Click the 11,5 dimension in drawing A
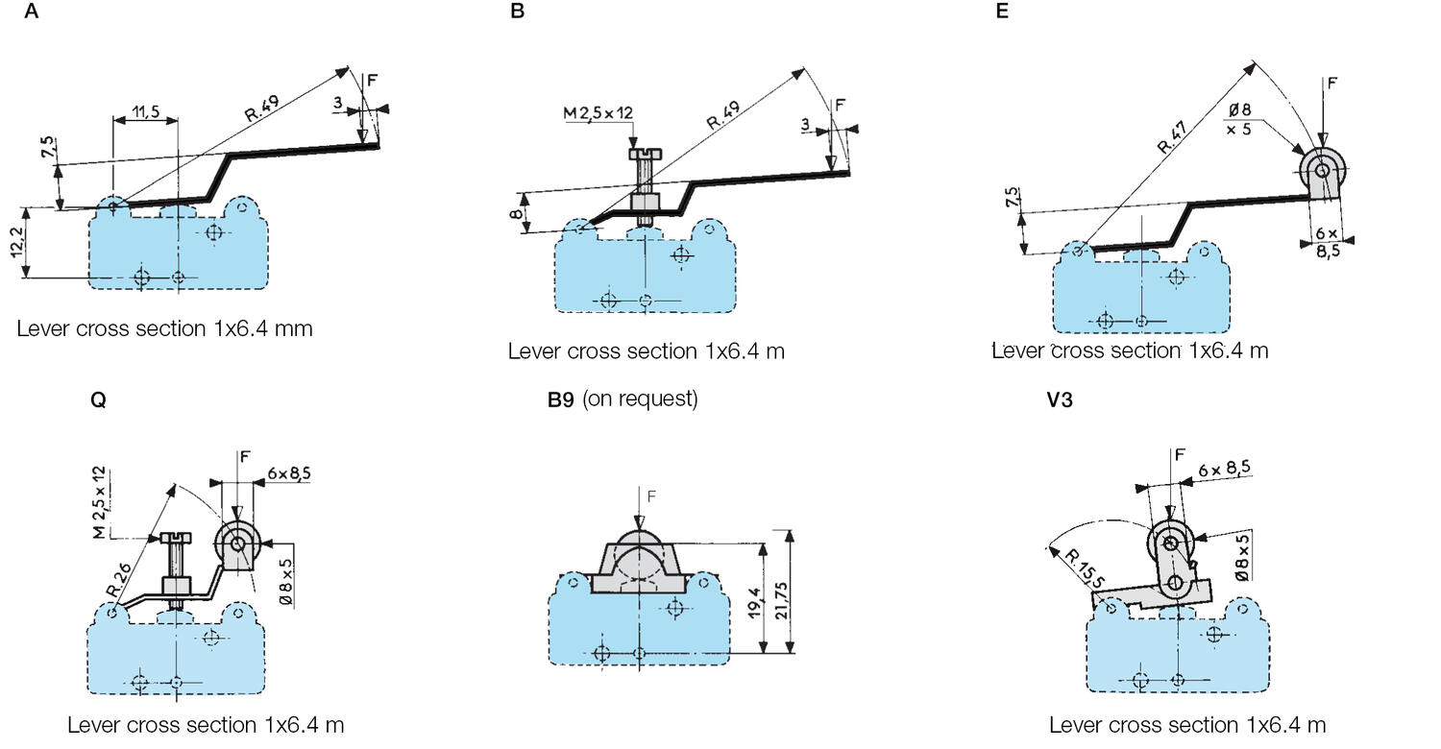tap(145, 113)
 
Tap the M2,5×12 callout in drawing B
tap(598, 114)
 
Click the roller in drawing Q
tap(236, 544)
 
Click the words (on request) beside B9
tap(640, 399)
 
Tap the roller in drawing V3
tap(1169, 544)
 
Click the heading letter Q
tap(97, 400)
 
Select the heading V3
tap(1060, 400)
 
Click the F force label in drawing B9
tap(652, 496)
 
